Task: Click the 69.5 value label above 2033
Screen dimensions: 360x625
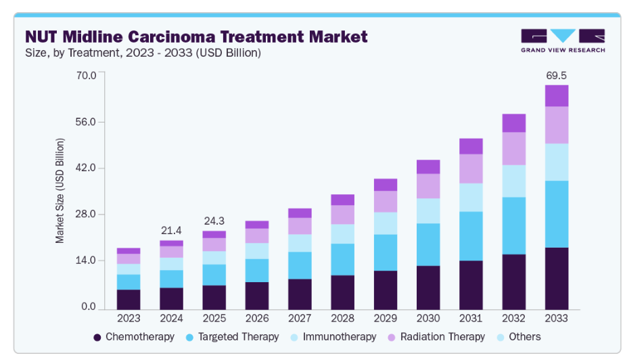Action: point(557,74)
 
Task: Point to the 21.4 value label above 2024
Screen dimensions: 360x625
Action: point(171,230)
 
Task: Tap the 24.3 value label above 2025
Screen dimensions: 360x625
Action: point(214,221)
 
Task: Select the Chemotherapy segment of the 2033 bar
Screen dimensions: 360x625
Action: point(557,278)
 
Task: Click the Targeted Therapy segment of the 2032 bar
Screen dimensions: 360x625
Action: point(514,225)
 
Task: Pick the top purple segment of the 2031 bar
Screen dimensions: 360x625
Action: point(471,146)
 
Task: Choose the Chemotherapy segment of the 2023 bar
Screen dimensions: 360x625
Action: point(129,299)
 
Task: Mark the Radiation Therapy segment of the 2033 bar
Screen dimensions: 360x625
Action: point(557,125)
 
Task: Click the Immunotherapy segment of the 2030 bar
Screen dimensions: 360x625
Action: point(428,210)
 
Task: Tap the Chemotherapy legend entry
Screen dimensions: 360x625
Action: point(134,336)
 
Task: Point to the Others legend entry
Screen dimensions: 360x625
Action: point(519,336)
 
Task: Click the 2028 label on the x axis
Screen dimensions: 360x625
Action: point(342,317)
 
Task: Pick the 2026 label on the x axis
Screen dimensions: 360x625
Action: point(257,317)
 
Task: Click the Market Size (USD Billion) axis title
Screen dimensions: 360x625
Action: point(60,191)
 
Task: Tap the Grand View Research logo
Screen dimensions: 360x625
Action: point(563,41)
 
